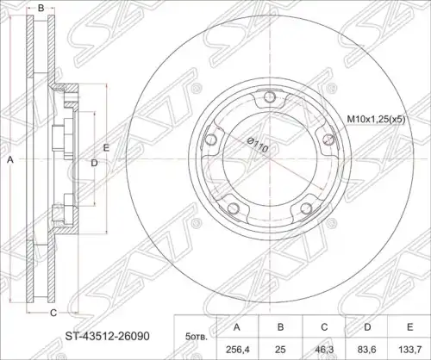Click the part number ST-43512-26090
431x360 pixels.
pyautogui.click(x=107, y=336)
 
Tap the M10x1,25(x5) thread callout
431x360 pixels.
pyautogui.click(x=376, y=119)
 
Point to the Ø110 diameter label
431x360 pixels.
pyautogui.click(x=258, y=145)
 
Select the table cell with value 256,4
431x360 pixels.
pyautogui.click(x=237, y=350)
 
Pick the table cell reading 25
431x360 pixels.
pyautogui.click(x=280, y=350)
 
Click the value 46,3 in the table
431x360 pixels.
pyautogui.click(x=324, y=350)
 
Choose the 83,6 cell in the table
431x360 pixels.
pyautogui.click(x=367, y=350)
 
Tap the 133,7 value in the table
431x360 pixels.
pyautogui.click(x=410, y=350)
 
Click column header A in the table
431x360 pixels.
pyautogui.click(x=237, y=327)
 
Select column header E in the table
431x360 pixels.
pyautogui.click(x=410, y=327)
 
